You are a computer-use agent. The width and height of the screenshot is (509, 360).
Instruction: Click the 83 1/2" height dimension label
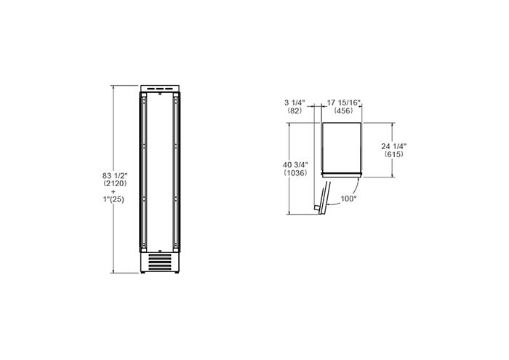click(x=115, y=175)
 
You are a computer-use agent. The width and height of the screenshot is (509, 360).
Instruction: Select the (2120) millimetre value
click(x=115, y=183)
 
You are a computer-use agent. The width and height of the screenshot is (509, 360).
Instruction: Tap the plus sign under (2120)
click(x=113, y=191)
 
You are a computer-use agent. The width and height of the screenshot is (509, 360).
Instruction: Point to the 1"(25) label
click(x=113, y=199)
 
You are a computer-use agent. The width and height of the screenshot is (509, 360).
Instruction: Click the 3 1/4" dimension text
click(x=294, y=103)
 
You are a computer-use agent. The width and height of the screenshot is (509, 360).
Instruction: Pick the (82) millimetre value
click(x=294, y=111)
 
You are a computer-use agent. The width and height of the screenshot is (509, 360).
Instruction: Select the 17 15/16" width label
click(x=344, y=103)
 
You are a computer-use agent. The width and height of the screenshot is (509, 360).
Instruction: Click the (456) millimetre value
click(x=344, y=111)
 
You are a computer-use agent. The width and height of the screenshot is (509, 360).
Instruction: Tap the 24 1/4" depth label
click(x=394, y=146)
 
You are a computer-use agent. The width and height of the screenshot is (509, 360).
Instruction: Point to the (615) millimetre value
click(x=394, y=154)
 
